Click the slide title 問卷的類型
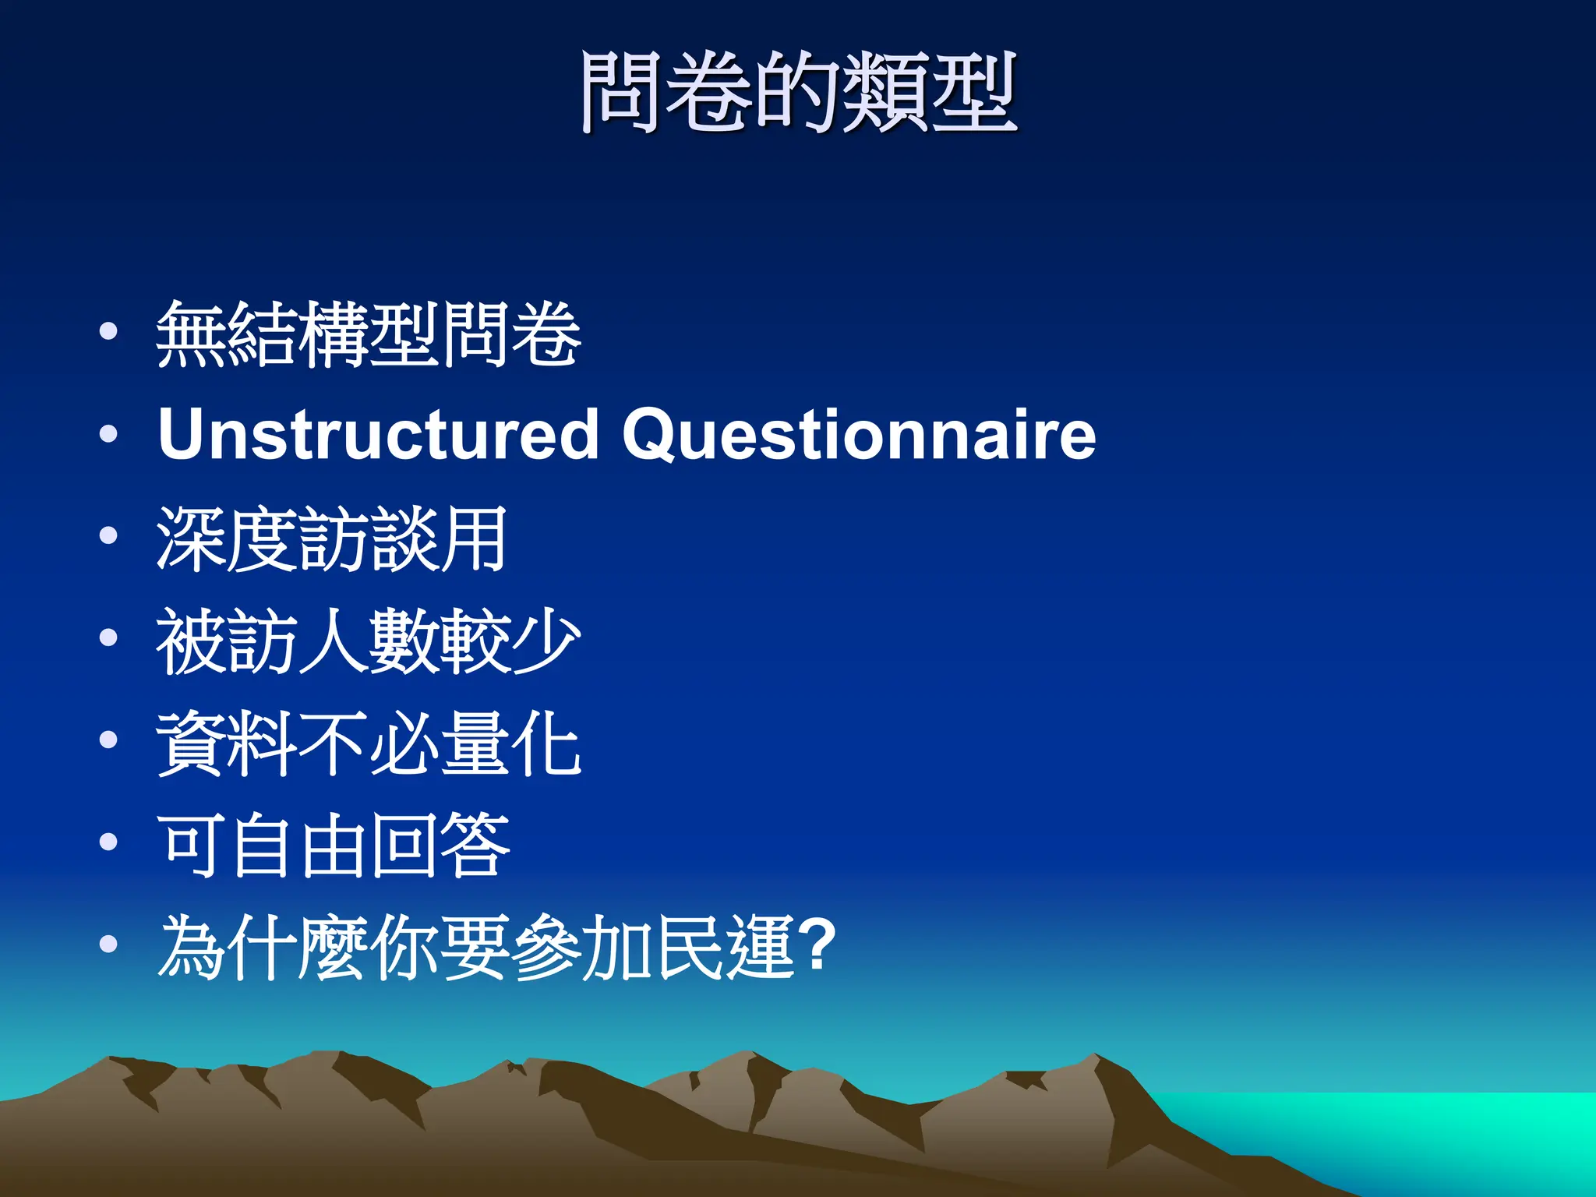click(x=798, y=92)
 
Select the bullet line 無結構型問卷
click(x=369, y=335)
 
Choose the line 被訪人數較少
click(x=369, y=641)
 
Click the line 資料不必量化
click(x=369, y=743)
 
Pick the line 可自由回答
click(x=333, y=846)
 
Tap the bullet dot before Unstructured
click(x=109, y=434)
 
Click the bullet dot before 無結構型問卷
click(x=109, y=332)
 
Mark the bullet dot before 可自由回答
click(x=109, y=842)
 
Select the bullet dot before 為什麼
click(x=109, y=945)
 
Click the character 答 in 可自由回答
click(x=475, y=846)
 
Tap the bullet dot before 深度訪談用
click(x=109, y=536)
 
